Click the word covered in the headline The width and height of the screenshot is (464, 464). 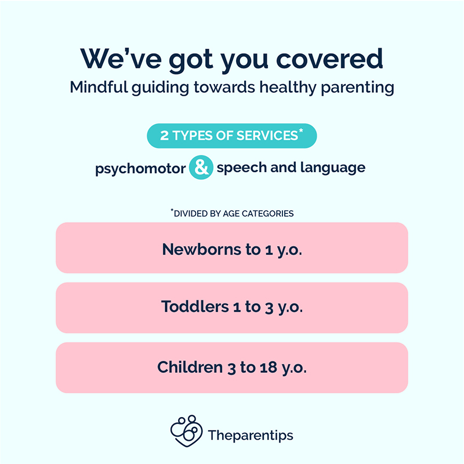pyautogui.click(x=329, y=59)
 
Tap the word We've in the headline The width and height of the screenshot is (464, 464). pyautogui.click(x=121, y=59)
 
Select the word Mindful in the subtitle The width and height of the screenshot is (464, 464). pyautogui.click(x=99, y=87)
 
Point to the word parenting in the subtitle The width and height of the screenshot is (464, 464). pyautogui.click(x=357, y=88)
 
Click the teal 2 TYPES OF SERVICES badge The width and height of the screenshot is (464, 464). pyautogui.click(x=231, y=136)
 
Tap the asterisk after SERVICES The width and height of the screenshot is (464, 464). pyautogui.click(x=301, y=130)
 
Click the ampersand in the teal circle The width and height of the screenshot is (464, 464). pyautogui.click(x=201, y=168)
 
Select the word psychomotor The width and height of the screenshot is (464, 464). pyautogui.click(x=140, y=169)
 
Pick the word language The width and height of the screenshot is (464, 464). pyautogui.click(x=333, y=168)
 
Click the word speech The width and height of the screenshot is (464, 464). pyautogui.click(x=242, y=168)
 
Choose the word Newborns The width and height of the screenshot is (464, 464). pyautogui.click(x=202, y=249)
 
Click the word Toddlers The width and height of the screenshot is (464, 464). pyautogui.click(x=195, y=306)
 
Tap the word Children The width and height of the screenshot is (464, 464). pyautogui.click(x=190, y=367)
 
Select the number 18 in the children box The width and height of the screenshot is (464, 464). pyautogui.click(x=269, y=368)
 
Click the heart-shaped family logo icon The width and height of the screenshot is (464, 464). pyautogui.click(x=186, y=431)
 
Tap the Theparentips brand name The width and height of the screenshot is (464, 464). pyautogui.click(x=251, y=436)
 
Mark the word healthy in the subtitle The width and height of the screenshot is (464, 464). pyautogui.click(x=288, y=88)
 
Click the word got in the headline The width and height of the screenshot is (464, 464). pyautogui.click(x=191, y=60)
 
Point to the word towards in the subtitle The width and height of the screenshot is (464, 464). pyautogui.click(x=224, y=87)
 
